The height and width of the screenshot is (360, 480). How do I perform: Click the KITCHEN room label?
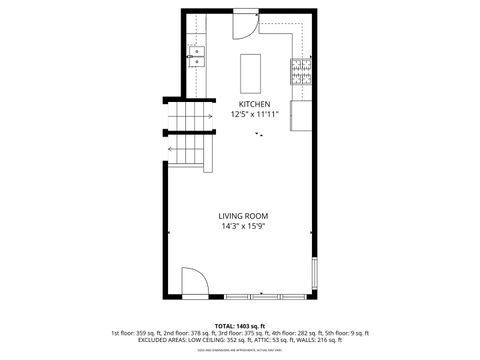pos(253,104)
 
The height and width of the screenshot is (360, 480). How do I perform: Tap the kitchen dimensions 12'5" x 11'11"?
pos(253,114)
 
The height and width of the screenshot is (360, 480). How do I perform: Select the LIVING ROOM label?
pos(244,216)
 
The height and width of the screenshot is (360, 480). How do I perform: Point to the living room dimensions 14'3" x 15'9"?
pos(244,226)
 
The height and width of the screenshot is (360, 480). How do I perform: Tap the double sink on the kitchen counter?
pos(197,56)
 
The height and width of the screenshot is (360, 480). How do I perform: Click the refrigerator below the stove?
pos(300,115)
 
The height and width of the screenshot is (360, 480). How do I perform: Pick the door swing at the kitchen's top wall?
pos(245,26)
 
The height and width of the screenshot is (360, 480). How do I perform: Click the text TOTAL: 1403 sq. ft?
pos(240,326)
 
